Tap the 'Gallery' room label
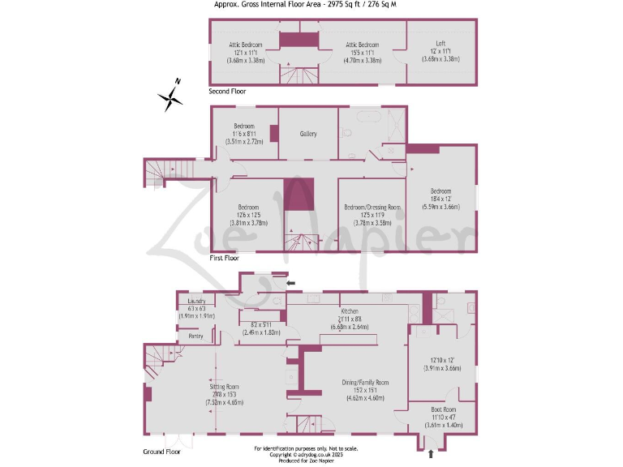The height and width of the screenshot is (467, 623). [x=308, y=134]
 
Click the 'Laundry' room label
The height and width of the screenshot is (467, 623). [x=196, y=301]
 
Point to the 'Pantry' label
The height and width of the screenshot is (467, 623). [x=195, y=336]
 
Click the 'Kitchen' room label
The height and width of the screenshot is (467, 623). [x=350, y=311]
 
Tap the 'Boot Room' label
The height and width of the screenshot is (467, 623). [x=443, y=409]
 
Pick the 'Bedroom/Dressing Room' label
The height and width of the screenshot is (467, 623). [x=373, y=207]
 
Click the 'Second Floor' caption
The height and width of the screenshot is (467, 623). [x=228, y=92]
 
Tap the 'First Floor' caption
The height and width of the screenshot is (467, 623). [x=225, y=258]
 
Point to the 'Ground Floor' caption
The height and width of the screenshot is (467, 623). [x=162, y=451]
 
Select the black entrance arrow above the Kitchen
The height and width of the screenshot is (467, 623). [x=292, y=283]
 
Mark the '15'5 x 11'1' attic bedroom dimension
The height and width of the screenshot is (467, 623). [x=358, y=53]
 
